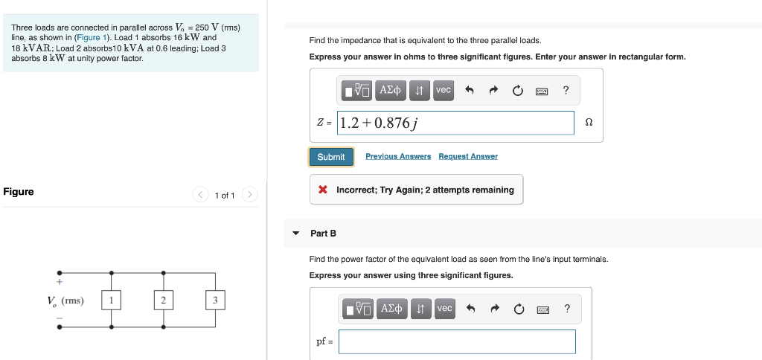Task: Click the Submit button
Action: coord(331,157)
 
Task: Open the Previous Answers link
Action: coord(398,156)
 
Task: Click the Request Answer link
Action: coord(468,156)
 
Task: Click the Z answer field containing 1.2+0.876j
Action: coord(455,123)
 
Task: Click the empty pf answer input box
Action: coord(456,341)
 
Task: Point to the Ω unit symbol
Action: coord(589,123)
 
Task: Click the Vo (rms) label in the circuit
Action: coord(65,300)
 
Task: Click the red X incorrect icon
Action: coord(323,190)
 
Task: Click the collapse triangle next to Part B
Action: coord(296,234)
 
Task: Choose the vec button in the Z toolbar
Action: coord(444,90)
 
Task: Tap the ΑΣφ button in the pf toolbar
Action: coord(391,308)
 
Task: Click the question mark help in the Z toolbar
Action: coord(566,91)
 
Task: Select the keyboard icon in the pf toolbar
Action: coord(542,309)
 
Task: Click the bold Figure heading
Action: coord(19,192)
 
